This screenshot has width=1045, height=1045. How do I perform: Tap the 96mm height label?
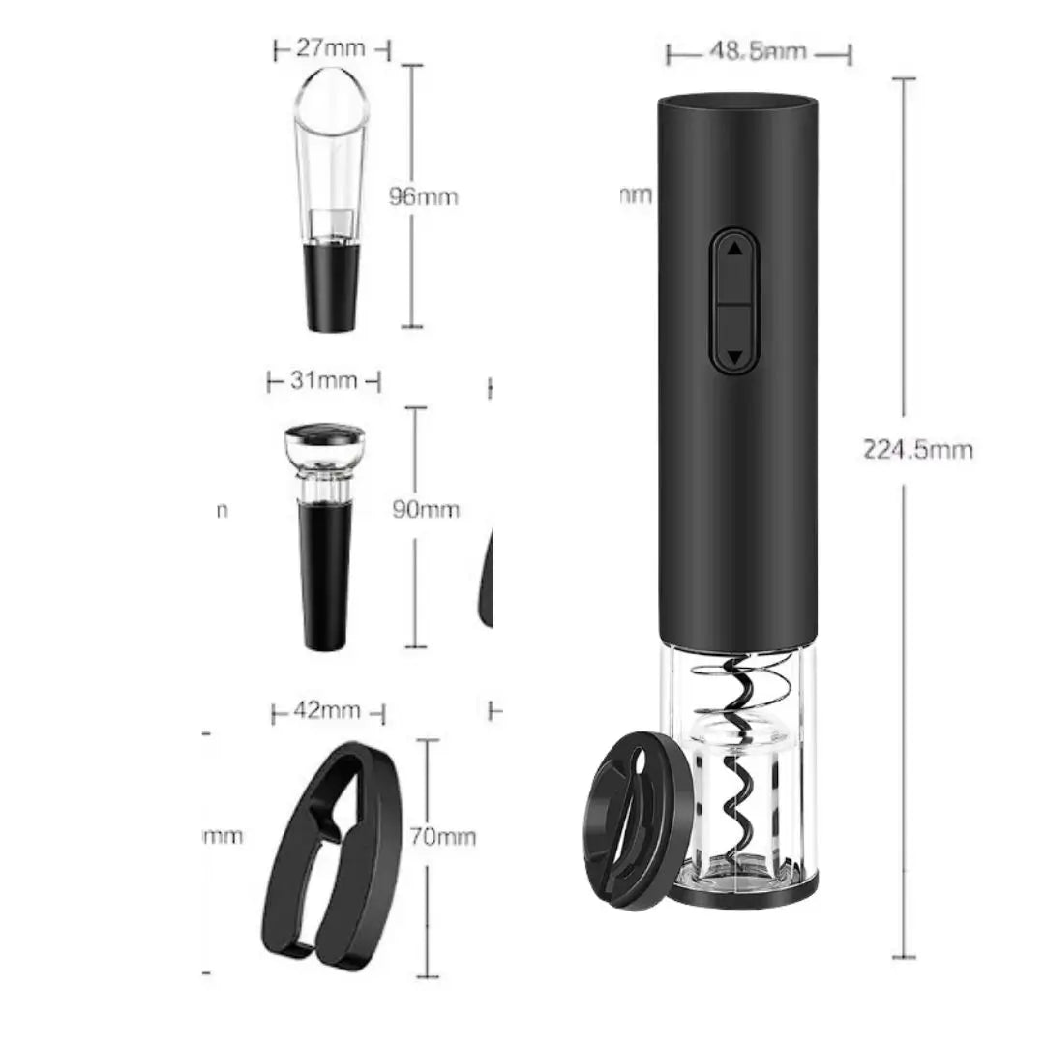click(423, 196)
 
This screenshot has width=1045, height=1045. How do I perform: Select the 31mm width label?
click(323, 381)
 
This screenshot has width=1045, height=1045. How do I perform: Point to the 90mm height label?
click(425, 509)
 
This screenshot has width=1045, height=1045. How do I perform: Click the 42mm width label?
click(328, 712)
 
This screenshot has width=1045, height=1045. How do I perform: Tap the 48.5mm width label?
click(759, 52)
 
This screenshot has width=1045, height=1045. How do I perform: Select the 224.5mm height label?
click(918, 450)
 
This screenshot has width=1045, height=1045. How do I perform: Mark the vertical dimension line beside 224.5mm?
click(904, 677)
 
